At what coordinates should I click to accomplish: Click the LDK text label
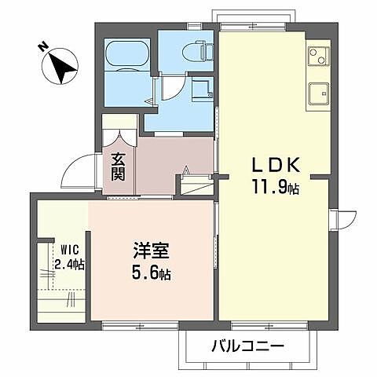(274, 166)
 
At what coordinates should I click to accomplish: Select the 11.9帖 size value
(275, 188)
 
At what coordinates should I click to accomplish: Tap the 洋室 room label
(149, 253)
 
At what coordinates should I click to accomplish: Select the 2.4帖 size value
(68, 265)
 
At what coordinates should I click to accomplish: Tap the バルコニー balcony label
(247, 346)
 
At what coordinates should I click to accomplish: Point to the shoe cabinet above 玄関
(119, 126)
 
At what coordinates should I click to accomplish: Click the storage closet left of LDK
(195, 185)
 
